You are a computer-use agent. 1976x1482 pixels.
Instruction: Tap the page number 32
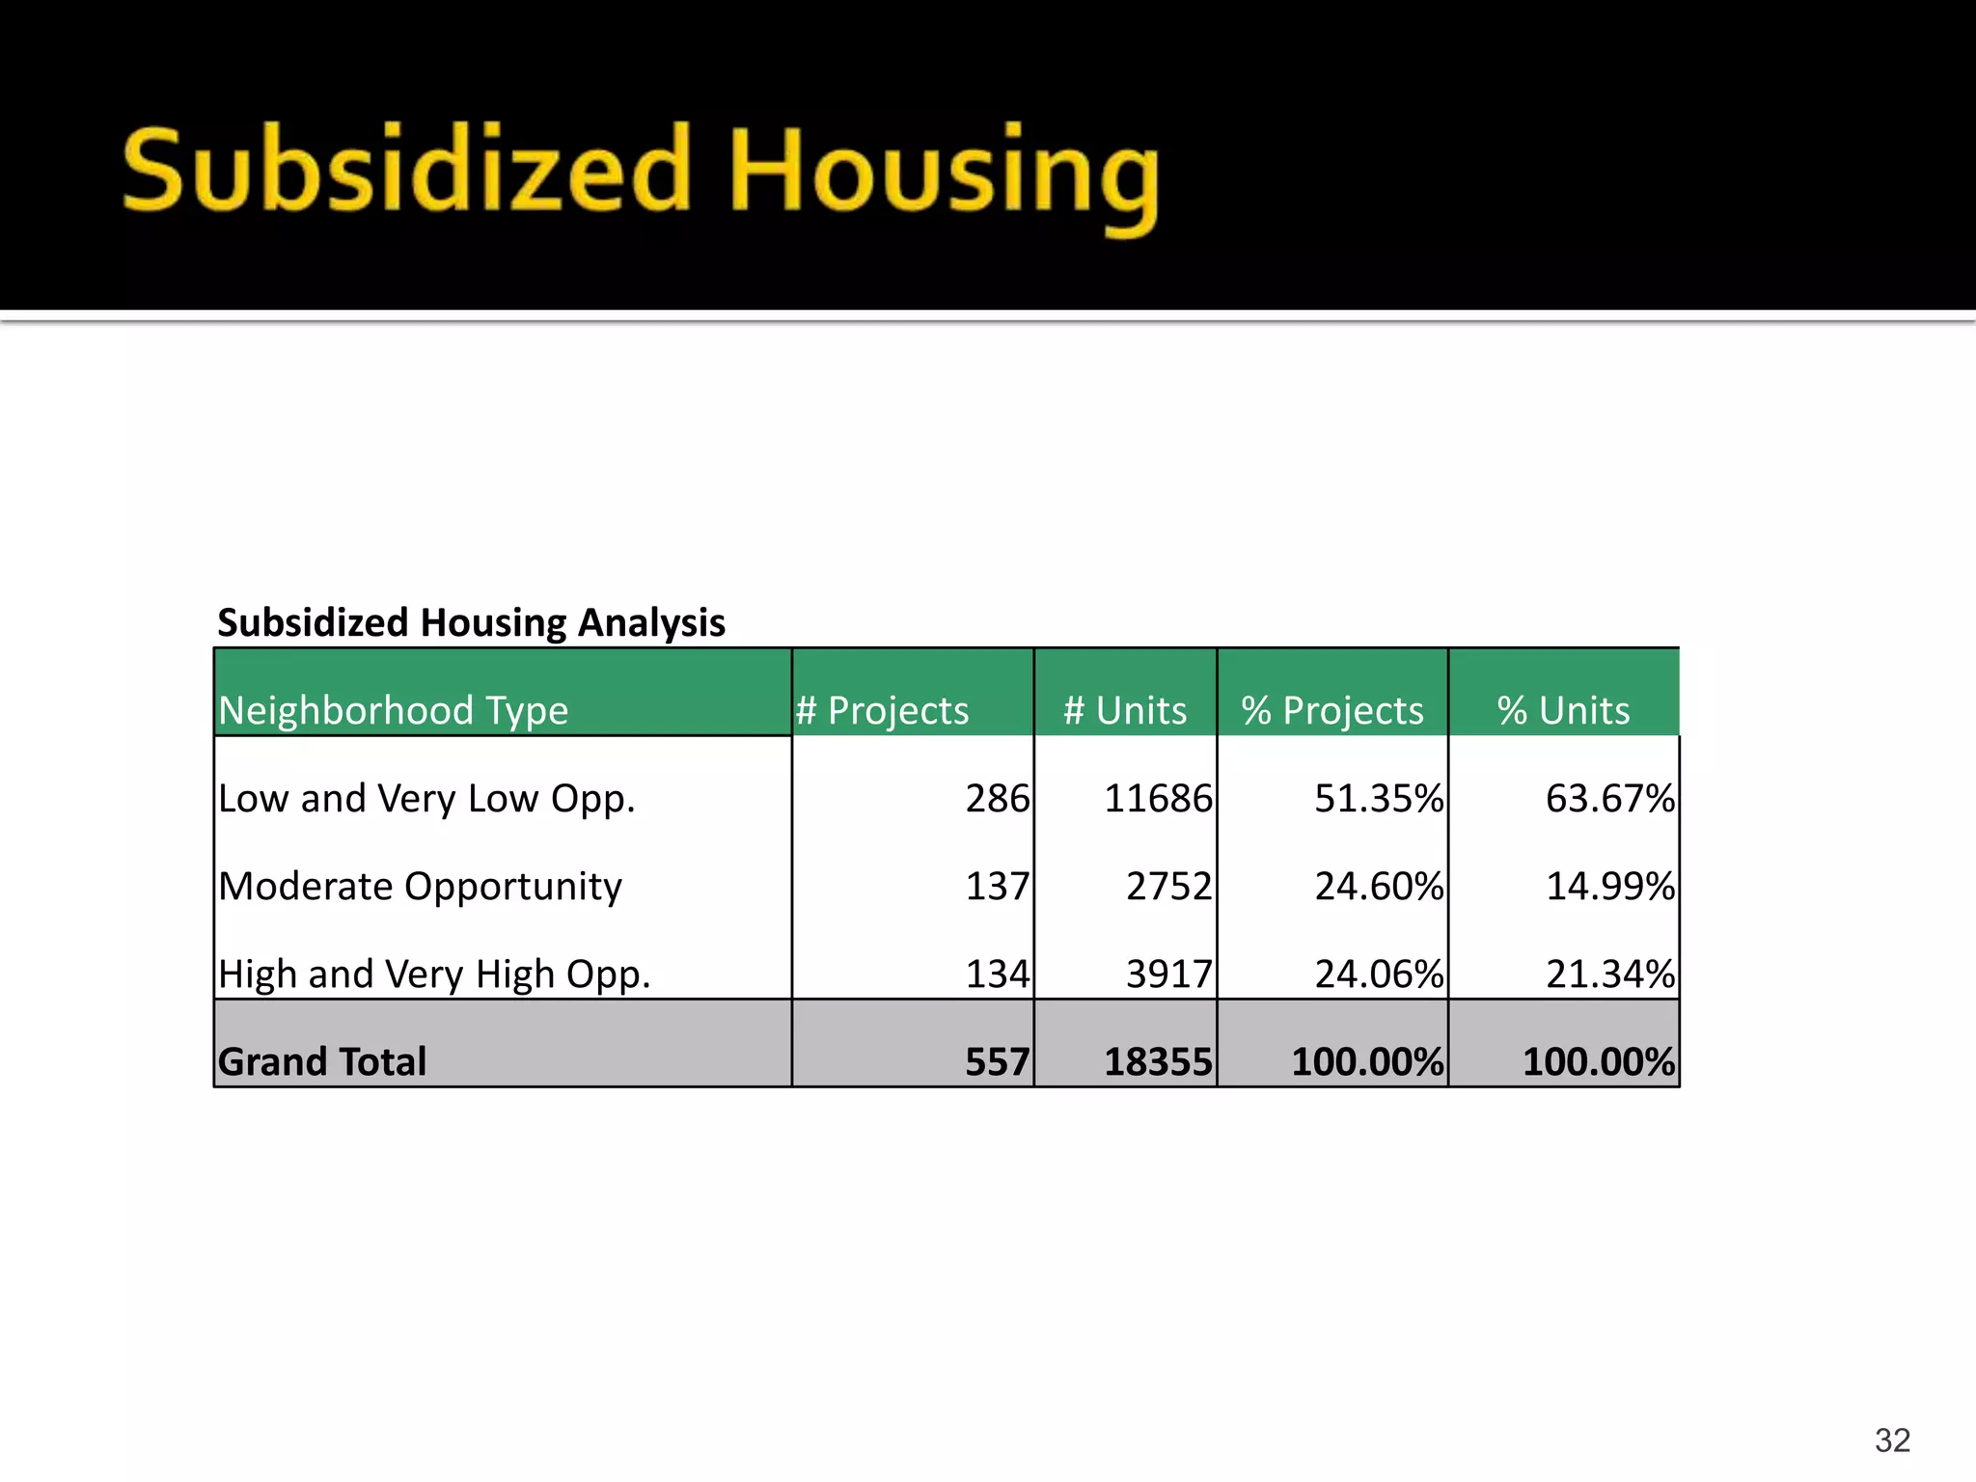point(1892,1440)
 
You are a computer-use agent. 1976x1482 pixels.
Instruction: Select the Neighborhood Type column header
point(394,710)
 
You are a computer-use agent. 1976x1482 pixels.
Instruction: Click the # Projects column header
point(882,710)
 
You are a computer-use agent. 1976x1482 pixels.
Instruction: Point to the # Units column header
point(1125,710)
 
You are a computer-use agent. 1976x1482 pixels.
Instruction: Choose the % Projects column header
point(1332,710)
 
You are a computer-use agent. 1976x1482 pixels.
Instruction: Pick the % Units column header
point(1563,710)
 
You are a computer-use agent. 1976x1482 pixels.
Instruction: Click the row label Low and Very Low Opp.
point(426,799)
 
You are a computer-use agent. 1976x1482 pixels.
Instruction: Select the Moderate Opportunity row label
point(420,886)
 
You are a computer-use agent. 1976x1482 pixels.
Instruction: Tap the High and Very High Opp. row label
point(434,974)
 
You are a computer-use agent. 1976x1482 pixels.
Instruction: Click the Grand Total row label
point(322,1061)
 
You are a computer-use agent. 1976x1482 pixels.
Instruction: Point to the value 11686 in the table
point(1158,799)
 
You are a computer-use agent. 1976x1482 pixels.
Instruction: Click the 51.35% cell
point(1379,799)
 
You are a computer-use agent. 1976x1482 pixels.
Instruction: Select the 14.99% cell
point(1609,886)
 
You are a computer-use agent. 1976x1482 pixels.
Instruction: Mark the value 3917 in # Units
point(1168,974)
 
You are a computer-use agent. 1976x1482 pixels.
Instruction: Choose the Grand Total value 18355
point(1158,1061)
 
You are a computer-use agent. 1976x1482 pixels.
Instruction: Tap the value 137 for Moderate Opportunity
point(998,886)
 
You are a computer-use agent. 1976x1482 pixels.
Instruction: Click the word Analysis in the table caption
point(651,622)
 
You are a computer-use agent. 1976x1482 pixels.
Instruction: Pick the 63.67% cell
point(1609,799)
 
